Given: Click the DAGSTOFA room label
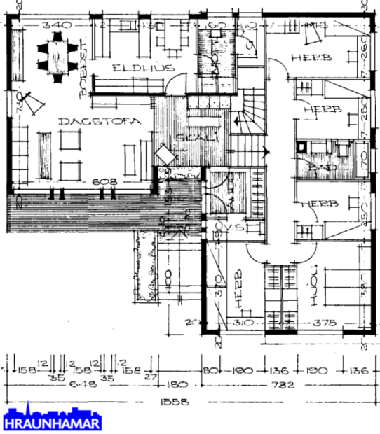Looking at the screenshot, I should [90, 121].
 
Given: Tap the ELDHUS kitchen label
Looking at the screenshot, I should [133, 67].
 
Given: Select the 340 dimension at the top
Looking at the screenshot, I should [53, 25].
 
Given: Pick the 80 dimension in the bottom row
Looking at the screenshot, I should [210, 370].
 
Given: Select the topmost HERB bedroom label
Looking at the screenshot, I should [306, 57].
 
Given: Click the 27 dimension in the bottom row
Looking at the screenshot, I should [148, 377].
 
